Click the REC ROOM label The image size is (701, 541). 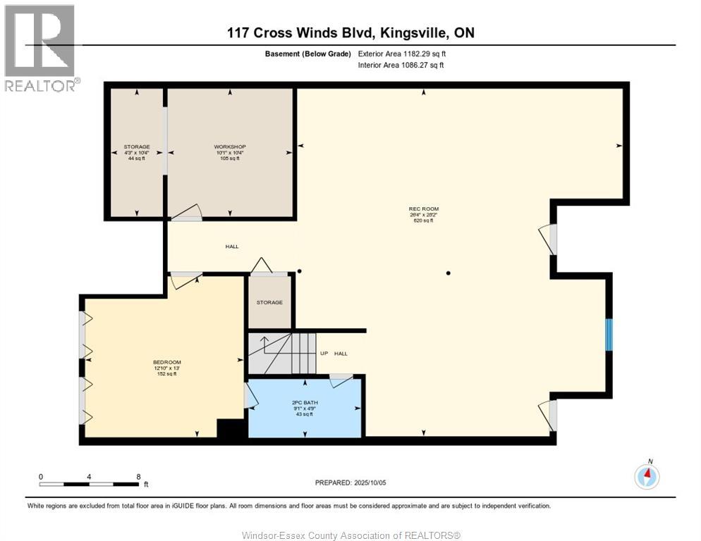[424, 209]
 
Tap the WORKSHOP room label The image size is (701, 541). [229, 147]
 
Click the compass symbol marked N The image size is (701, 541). [647, 477]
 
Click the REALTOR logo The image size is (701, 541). [40, 48]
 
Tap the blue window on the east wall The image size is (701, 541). [610, 334]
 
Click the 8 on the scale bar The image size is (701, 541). [138, 477]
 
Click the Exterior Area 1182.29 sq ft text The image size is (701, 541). [402, 54]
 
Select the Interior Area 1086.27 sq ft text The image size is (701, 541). [401, 66]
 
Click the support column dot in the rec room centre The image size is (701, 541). [448, 273]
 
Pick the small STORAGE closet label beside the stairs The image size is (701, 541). [269, 302]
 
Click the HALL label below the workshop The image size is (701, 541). [232, 247]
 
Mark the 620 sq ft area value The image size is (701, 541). [424, 220]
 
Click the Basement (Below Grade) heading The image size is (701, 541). [307, 54]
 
